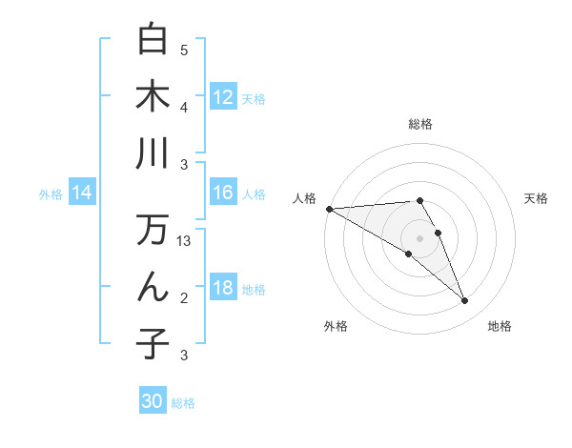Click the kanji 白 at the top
(153, 39)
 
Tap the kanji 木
(153, 96)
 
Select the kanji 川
(153, 153)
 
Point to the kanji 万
(153, 231)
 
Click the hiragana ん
(153, 287)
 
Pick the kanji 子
(153, 344)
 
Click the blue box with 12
(223, 97)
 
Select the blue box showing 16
(223, 193)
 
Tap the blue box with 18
(223, 288)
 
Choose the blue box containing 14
(82, 193)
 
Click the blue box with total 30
(153, 401)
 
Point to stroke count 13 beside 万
(184, 241)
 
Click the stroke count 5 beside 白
(184, 51)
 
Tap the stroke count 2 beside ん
(184, 298)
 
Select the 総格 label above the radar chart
(419, 124)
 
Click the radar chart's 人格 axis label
(306, 197)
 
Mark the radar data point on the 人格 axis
(329, 209)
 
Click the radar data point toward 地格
(464, 301)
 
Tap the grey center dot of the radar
(419, 237)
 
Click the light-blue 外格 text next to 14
(51, 194)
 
